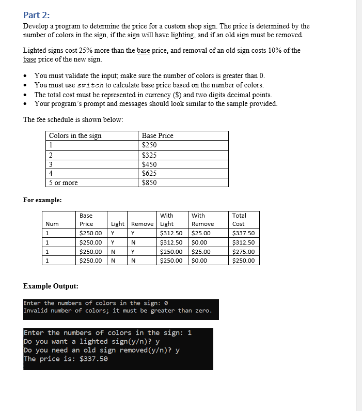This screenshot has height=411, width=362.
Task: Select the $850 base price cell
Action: [149, 182]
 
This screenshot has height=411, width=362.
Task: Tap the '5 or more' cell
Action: [64, 182]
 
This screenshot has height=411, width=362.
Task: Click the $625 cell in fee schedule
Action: [149, 173]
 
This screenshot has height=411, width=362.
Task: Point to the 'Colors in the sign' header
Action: [75, 135]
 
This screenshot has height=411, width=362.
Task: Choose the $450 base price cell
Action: [149, 164]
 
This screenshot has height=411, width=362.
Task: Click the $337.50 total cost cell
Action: [244, 233]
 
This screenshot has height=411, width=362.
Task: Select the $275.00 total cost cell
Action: [244, 252]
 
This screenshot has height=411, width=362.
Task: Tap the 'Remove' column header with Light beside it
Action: [142, 224]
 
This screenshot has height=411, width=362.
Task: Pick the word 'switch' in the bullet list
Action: [92, 85]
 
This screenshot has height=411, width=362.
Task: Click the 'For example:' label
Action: [42, 200]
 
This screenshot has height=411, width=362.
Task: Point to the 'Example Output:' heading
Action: [51, 286]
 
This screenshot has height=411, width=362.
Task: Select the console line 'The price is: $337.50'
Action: [66, 359]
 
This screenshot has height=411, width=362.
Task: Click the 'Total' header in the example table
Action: [239, 215]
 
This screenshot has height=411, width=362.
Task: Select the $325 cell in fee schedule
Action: [149, 155]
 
